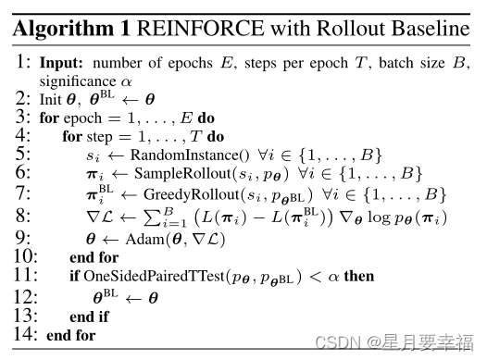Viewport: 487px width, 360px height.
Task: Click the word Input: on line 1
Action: tap(61, 66)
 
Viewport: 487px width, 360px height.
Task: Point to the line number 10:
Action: tap(23, 255)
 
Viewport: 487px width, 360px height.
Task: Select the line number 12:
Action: tap(23, 296)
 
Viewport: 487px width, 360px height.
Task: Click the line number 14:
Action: tap(23, 334)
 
